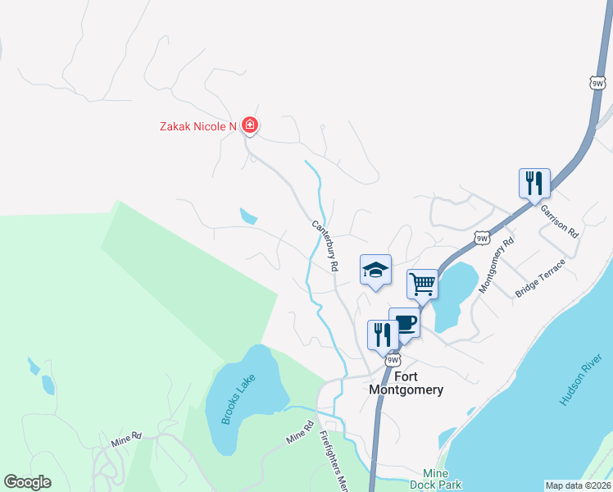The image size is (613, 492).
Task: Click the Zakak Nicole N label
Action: (x=198, y=126)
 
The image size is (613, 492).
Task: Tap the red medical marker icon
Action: (x=250, y=125)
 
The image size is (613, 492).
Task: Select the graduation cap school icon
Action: (x=375, y=269)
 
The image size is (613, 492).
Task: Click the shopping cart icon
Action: (x=422, y=285)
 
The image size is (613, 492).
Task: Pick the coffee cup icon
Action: (x=405, y=321)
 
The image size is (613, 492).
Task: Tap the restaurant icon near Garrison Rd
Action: (x=534, y=183)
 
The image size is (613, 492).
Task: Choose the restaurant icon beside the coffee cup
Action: (x=383, y=334)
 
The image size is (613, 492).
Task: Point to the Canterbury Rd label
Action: (x=325, y=245)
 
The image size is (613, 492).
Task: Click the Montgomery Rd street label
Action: (x=495, y=266)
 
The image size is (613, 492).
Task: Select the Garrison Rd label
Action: (x=559, y=221)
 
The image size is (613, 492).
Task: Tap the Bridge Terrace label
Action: (x=540, y=279)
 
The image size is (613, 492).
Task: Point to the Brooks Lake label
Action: (x=238, y=399)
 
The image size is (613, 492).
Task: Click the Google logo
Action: (x=27, y=482)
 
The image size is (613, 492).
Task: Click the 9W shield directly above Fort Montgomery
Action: (x=393, y=360)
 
